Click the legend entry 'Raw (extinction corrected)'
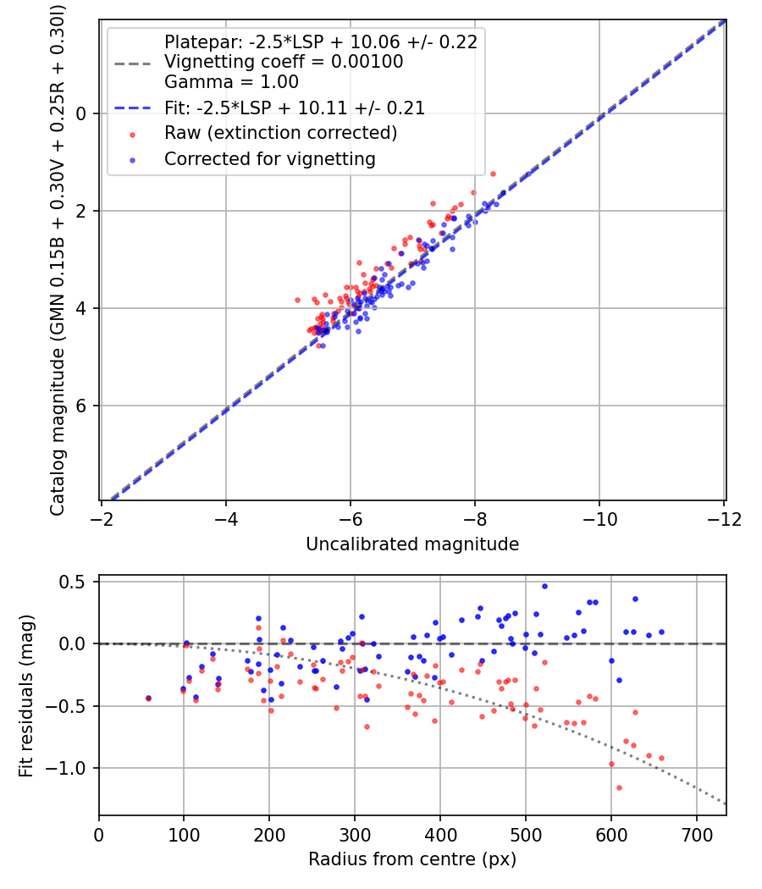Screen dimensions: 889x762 280,133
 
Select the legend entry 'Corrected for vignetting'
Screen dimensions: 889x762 269,158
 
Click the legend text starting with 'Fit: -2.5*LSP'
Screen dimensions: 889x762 294,108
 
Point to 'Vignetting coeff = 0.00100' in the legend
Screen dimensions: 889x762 283,62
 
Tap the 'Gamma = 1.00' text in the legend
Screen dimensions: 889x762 231,82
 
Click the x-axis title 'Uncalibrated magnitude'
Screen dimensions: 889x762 412,544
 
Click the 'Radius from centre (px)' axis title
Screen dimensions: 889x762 412,859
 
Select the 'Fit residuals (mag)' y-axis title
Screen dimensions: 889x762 26,695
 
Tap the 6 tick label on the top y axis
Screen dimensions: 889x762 83,406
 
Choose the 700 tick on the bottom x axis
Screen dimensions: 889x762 696,834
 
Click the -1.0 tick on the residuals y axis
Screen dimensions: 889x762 74,768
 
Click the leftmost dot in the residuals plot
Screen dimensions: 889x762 148,698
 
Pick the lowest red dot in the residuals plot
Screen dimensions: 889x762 619,787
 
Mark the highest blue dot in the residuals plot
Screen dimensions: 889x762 544,586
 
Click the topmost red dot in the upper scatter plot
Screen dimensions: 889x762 493,174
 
